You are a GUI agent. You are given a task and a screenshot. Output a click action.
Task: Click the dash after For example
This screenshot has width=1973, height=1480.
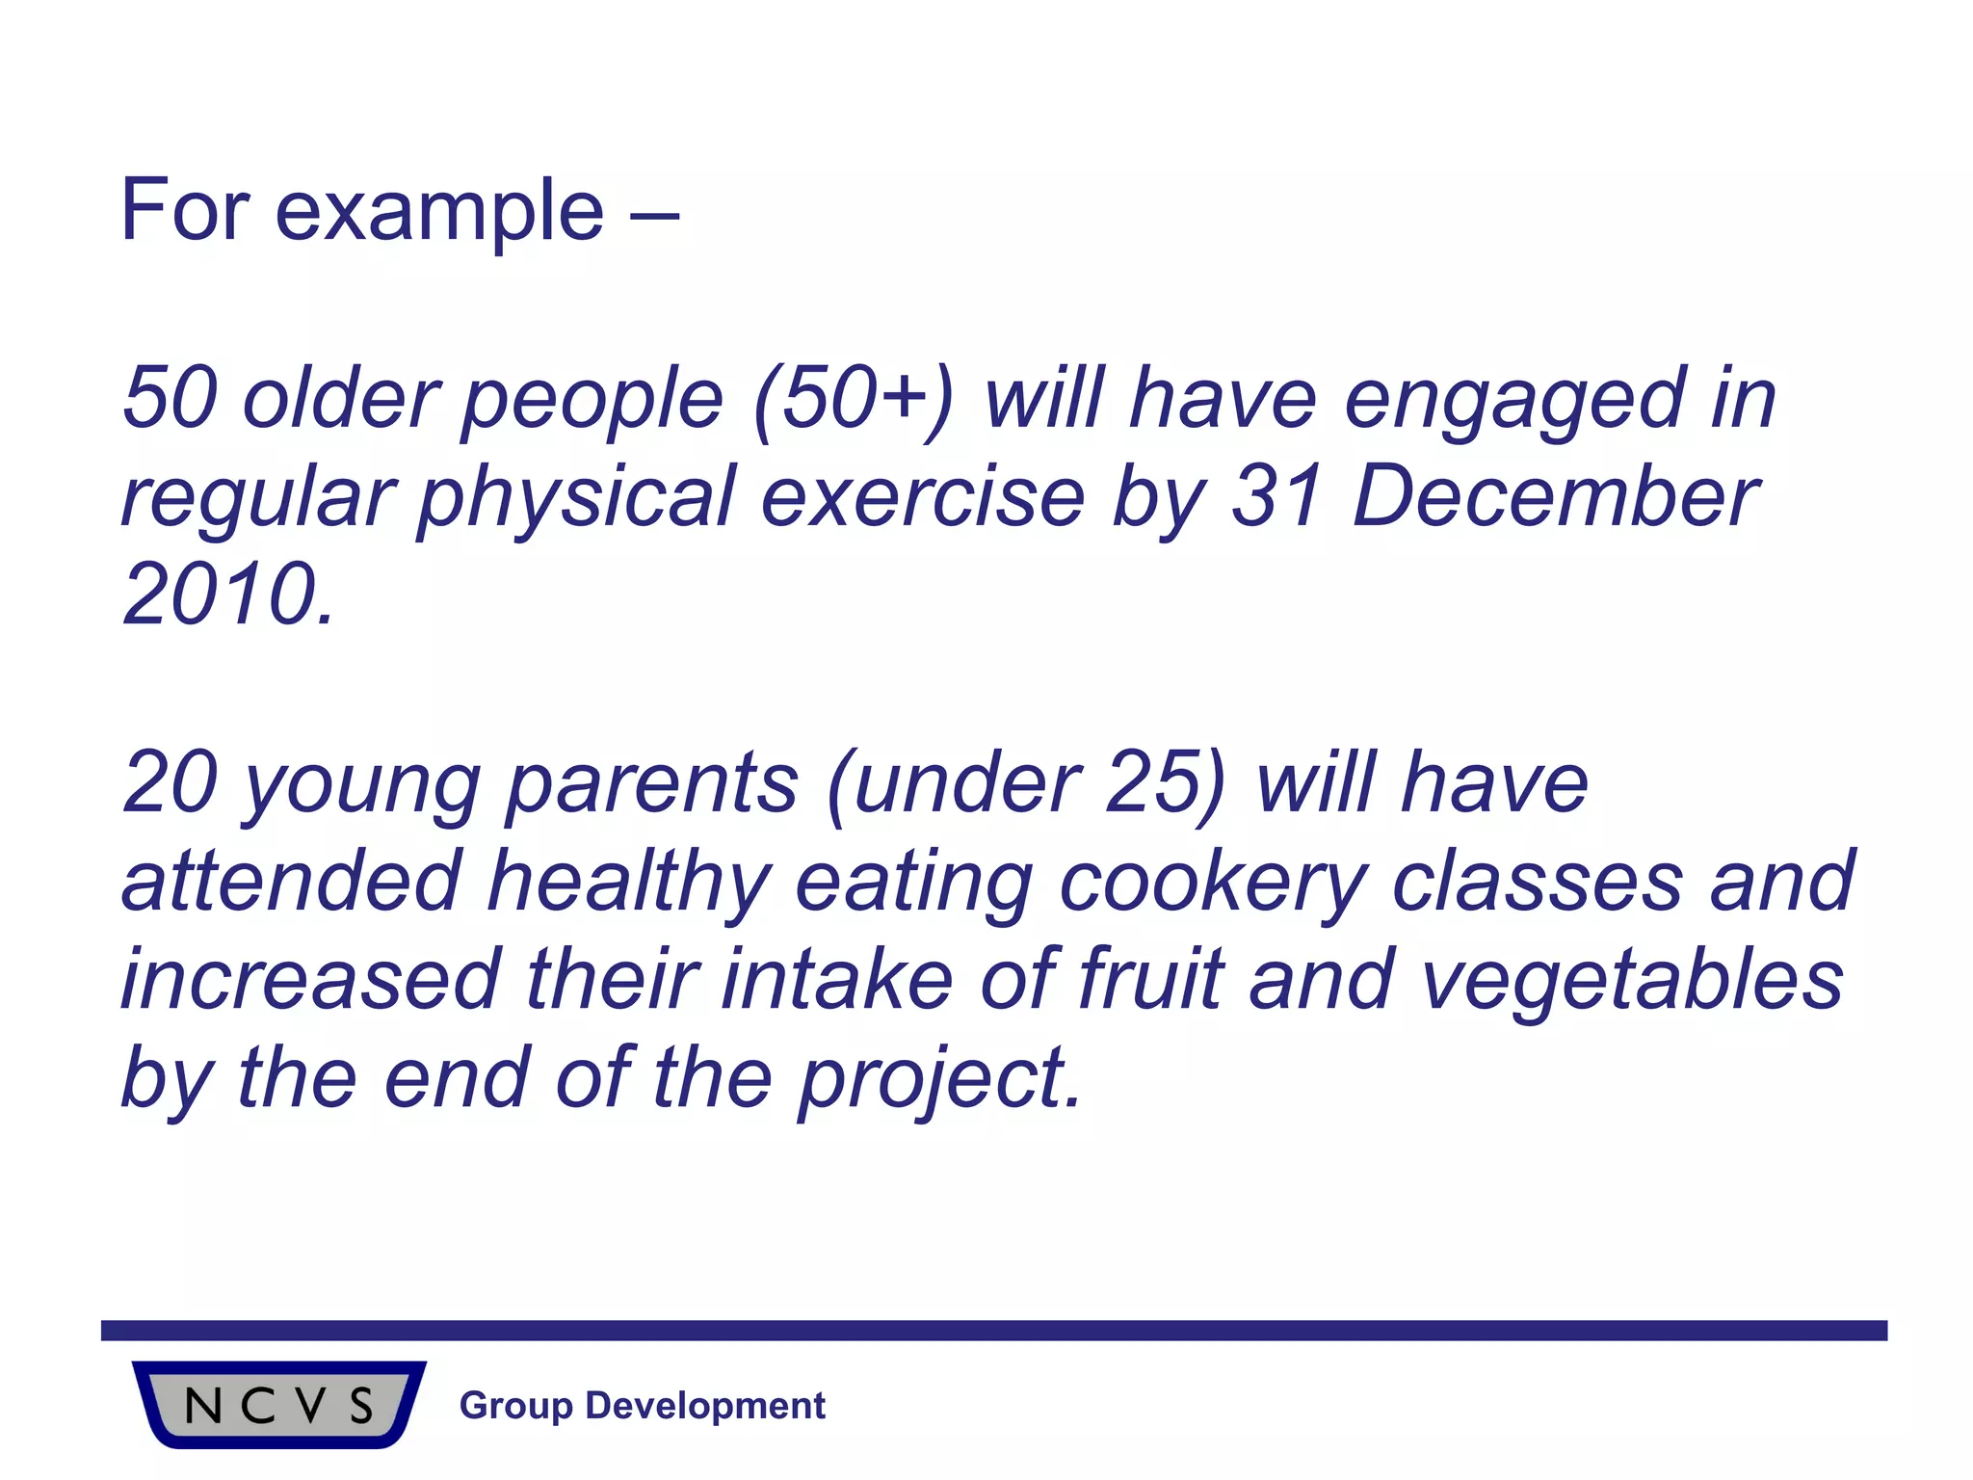tap(655, 214)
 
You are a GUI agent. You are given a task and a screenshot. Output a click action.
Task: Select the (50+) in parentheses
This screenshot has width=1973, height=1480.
tap(852, 400)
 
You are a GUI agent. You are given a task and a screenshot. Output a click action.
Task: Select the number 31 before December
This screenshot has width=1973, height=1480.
tap(1276, 496)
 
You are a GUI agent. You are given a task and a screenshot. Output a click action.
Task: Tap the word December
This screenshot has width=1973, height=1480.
tap(1555, 496)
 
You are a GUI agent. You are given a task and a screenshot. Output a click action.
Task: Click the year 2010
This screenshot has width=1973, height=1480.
tap(226, 595)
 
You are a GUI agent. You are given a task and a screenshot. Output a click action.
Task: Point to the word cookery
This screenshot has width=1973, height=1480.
tap(1213, 884)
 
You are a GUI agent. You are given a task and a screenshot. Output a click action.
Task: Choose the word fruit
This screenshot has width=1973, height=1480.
tap(1150, 980)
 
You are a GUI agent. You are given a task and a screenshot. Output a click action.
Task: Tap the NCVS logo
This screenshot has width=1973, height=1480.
tap(278, 1405)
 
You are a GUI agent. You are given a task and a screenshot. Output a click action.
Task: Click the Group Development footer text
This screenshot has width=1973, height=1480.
tap(642, 1406)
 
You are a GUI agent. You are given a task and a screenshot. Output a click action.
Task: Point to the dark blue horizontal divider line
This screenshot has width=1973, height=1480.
tap(992, 1331)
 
